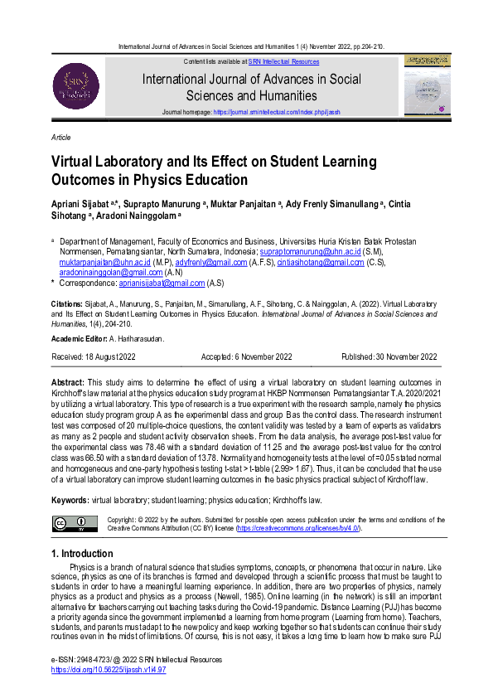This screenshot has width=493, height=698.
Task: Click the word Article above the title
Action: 60,138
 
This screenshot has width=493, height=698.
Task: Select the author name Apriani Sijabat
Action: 82,205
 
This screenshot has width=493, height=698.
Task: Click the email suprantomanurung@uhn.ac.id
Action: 310,250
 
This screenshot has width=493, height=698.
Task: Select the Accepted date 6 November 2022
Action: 246,357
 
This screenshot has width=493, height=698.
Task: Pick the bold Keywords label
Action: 70,502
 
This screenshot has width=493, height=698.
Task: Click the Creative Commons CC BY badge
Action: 70,523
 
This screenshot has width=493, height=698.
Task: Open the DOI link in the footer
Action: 109,669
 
